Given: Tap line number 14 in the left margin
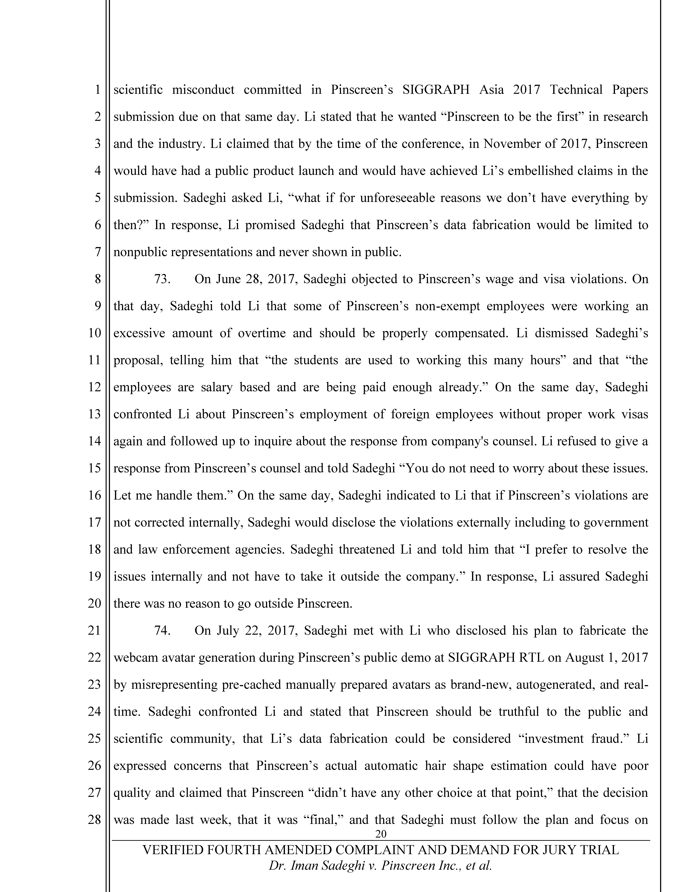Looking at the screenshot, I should pos(94,441).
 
